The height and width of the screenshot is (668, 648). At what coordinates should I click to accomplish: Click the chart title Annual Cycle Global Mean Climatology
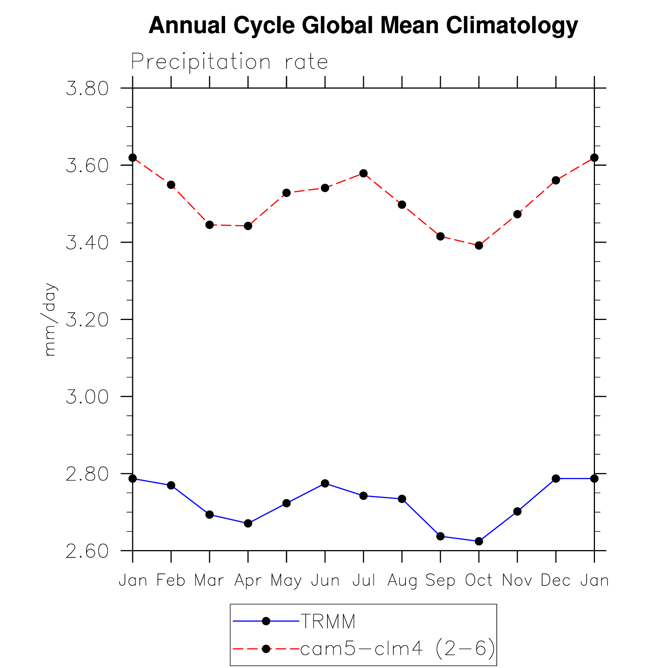click(x=363, y=25)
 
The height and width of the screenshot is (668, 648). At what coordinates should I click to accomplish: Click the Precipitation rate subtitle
click(x=229, y=62)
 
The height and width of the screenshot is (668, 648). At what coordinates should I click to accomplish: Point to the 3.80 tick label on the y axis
click(x=87, y=89)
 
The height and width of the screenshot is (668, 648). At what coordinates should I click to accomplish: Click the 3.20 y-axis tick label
click(x=87, y=320)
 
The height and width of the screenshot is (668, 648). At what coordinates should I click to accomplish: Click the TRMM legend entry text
click(x=328, y=621)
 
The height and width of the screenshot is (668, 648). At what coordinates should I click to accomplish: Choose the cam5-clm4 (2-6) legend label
click(x=398, y=649)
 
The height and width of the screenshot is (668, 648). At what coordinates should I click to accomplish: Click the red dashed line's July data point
click(x=363, y=174)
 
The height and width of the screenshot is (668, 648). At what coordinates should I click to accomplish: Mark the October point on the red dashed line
click(x=479, y=246)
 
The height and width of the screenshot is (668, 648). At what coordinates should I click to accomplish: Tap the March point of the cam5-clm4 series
click(x=210, y=225)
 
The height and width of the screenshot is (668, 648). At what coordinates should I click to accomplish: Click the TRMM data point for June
click(x=325, y=483)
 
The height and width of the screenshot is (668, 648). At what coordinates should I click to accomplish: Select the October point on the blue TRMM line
click(x=479, y=541)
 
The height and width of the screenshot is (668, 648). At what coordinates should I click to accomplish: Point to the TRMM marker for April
click(x=248, y=524)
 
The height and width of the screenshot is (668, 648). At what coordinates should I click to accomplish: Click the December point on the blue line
click(x=556, y=479)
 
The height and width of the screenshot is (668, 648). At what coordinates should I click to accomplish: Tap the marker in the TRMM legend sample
click(x=266, y=621)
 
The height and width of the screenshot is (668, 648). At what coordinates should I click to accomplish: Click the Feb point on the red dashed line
click(x=171, y=185)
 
